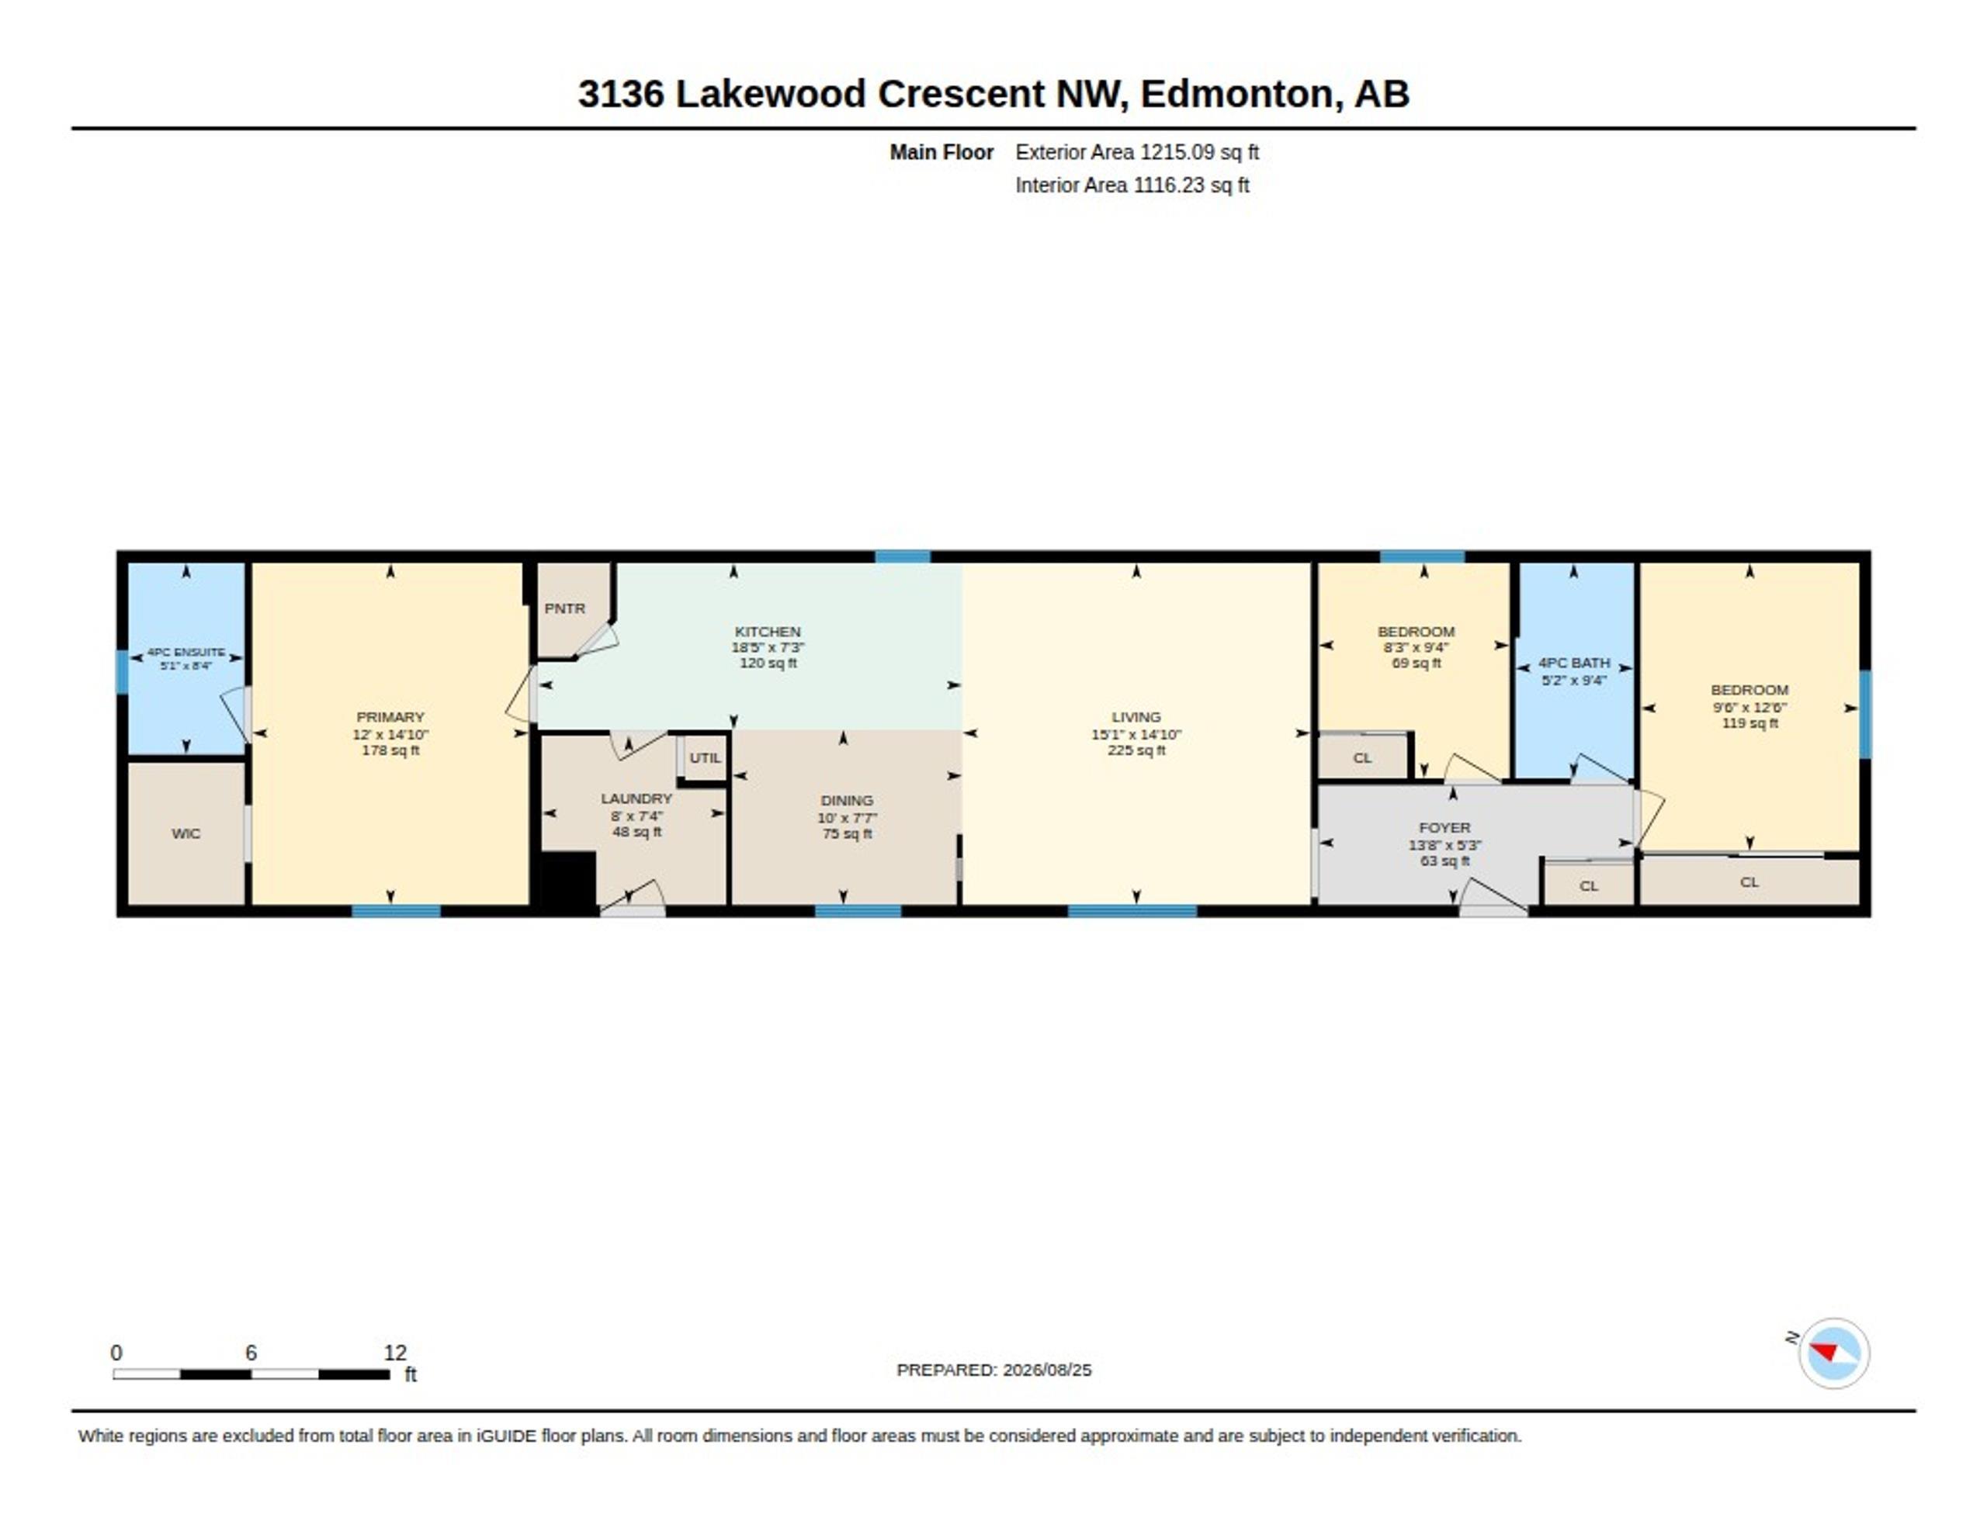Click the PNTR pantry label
click(x=564, y=608)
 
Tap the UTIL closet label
click(x=705, y=758)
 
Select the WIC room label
click(x=186, y=833)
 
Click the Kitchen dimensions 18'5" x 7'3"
click(x=768, y=648)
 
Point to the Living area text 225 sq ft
click(x=1136, y=750)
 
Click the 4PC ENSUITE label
click(x=186, y=653)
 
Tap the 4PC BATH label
click(x=1574, y=664)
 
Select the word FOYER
click(x=1444, y=828)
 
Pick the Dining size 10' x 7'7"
click(x=847, y=818)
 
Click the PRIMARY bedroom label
click(x=390, y=717)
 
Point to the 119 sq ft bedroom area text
click(x=1749, y=723)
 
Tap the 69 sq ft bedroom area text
click(x=1417, y=664)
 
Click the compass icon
click(x=1833, y=1353)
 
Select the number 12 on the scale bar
click(x=395, y=1353)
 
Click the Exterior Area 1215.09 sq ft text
click(x=1137, y=152)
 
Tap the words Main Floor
click(x=941, y=152)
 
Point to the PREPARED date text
click(x=993, y=1370)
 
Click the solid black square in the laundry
click(x=569, y=879)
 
